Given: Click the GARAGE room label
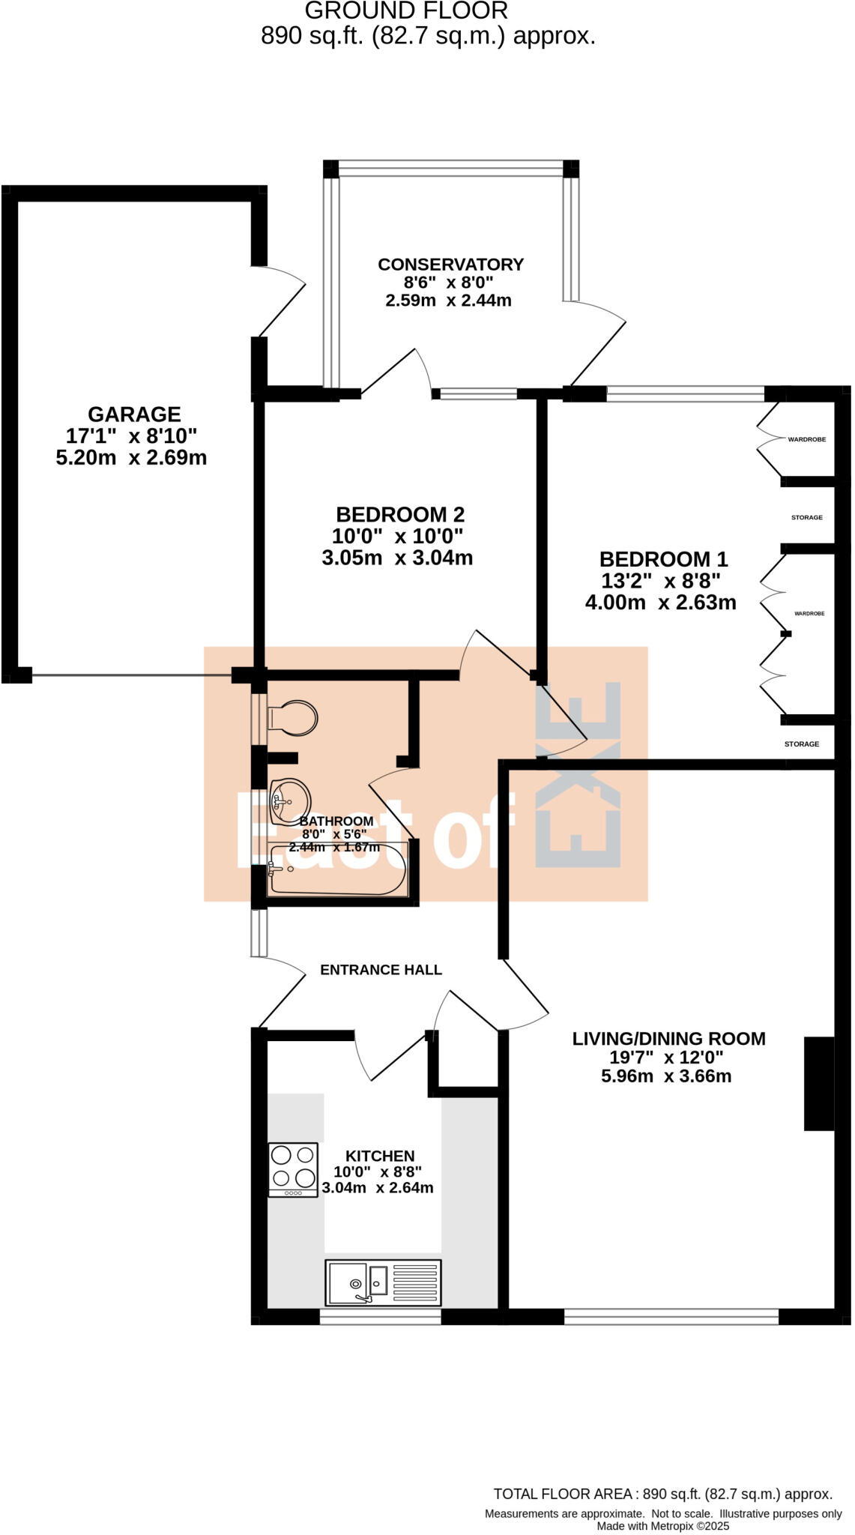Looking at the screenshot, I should [x=134, y=414].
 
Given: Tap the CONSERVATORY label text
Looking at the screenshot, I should [x=450, y=265].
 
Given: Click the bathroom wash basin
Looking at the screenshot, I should [x=289, y=800].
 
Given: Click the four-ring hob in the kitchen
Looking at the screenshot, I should [x=293, y=1168].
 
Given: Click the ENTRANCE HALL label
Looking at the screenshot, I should [x=381, y=970].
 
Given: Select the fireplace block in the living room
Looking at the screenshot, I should [x=818, y=1083].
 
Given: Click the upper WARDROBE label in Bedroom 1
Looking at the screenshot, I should [x=806, y=439].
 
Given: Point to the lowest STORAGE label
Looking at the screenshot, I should [x=801, y=744].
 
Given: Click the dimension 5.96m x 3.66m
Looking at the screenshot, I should [x=666, y=1076].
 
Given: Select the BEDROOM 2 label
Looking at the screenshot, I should [x=400, y=515].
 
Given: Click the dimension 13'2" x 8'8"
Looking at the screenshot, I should [x=660, y=581].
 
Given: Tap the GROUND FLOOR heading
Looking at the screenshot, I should [x=406, y=11].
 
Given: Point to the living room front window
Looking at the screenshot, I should [x=671, y=1317].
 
